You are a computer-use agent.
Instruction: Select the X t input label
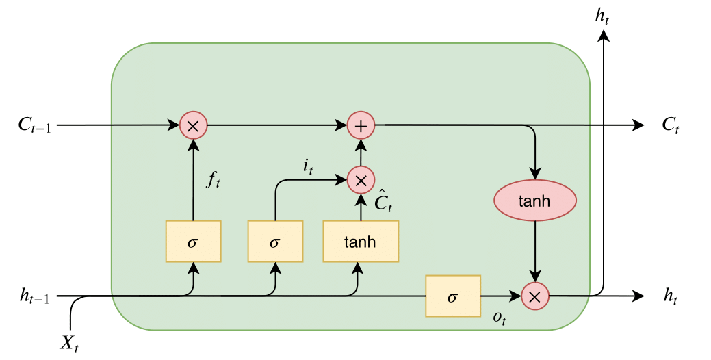[68, 343]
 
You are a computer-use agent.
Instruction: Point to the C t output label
[670, 126]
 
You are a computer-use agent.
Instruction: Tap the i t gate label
[307, 166]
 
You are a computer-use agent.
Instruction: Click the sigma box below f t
[193, 241]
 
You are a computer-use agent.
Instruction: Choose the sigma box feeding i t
[275, 241]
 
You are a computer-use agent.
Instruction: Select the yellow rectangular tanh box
[360, 241]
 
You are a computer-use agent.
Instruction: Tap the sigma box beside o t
[452, 296]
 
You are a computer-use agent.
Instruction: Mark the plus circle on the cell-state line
[361, 125]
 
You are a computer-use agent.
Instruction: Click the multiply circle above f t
[193, 125]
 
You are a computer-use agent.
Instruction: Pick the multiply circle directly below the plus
[361, 180]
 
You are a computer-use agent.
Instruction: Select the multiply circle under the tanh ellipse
[534, 296]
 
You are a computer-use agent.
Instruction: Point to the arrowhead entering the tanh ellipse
[534, 177]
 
